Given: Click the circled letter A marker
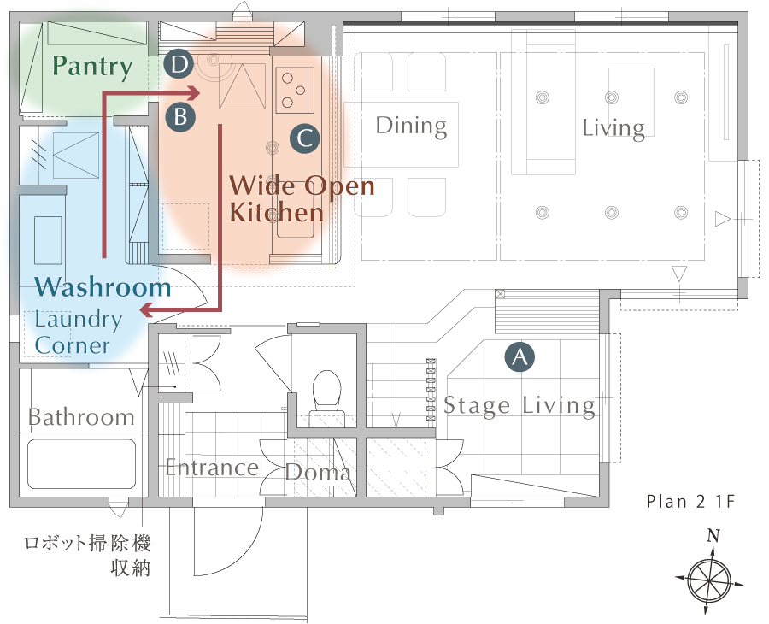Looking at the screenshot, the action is tap(520, 356).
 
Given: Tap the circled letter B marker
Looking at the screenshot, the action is tap(180, 117).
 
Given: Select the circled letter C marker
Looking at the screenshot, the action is tap(304, 138).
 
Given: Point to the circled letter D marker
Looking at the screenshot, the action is tap(179, 64).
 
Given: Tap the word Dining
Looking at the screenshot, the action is tap(411, 126).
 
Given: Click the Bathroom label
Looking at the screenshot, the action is tap(81, 417).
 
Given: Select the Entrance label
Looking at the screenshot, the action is tap(212, 467).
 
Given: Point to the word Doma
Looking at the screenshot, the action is tap(318, 472).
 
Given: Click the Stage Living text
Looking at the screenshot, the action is tap(520, 406).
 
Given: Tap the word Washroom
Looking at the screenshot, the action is tap(103, 287).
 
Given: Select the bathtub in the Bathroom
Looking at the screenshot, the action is tap(81, 463).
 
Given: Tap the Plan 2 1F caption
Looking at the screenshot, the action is tap(690, 502).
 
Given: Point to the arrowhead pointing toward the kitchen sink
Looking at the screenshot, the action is tap(194, 92).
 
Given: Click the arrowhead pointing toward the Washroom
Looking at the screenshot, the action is tap(146, 309).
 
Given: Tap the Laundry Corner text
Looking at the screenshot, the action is tap(78, 333).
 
